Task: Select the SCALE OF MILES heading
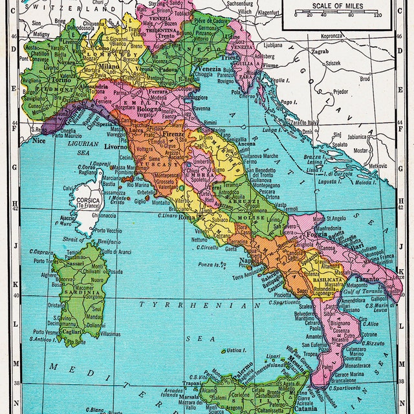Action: click(337, 6)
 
